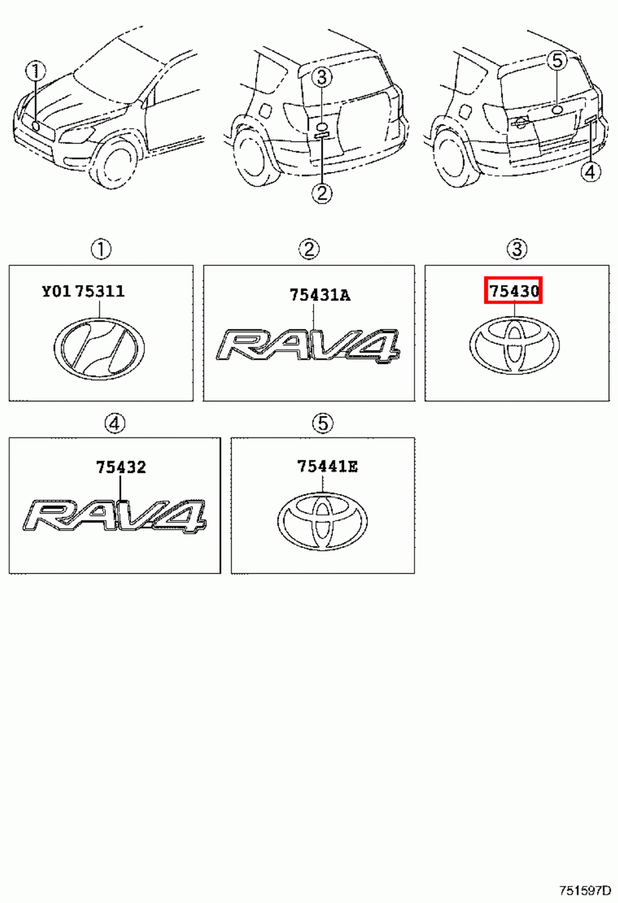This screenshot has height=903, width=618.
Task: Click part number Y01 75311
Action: [x=83, y=291]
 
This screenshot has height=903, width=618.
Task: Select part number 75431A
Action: [x=320, y=295]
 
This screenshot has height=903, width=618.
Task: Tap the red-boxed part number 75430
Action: [x=513, y=291]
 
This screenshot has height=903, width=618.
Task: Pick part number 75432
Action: [x=121, y=467]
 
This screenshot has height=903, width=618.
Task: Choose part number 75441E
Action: [x=327, y=466]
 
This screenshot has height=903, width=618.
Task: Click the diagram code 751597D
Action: [x=585, y=891]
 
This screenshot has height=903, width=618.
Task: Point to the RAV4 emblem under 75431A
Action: [x=308, y=345]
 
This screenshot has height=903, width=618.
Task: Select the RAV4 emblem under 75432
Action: [x=115, y=516]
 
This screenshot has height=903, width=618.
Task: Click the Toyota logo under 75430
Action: [x=514, y=344]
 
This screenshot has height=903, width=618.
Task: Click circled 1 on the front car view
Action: [x=35, y=72]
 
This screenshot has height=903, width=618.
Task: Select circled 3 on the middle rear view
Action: [x=322, y=77]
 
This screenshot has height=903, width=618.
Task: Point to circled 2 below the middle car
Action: [x=322, y=194]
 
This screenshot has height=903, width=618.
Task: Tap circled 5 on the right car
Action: [x=558, y=60]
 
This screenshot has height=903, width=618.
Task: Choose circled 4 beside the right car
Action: [x=590, y=172]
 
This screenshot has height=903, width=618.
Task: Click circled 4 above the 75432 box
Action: [x=115, y=423]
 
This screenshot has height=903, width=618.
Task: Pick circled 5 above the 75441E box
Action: [x=323, y=423]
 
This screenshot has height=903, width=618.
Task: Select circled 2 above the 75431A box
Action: [x=309, y=249]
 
